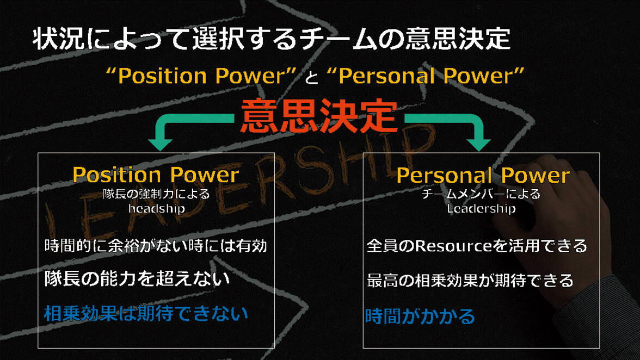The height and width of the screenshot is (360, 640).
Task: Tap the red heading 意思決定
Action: tap(319, 115)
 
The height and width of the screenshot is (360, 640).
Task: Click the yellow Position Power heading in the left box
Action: tap(156, 175)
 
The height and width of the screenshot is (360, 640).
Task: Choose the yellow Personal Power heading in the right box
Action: tap(483, 175)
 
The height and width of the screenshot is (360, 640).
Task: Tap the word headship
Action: tap(156, 208)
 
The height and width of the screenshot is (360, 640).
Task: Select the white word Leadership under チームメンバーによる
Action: tap(481, 208)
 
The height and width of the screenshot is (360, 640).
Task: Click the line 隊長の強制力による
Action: tap(156, 194)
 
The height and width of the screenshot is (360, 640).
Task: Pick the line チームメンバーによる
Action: tap(481, 194)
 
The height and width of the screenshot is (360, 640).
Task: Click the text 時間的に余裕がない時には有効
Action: tap(156, 246)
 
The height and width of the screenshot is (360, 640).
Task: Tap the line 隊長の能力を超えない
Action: tap(137, 279)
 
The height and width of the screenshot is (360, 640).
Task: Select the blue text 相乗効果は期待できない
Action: tap(146, 313)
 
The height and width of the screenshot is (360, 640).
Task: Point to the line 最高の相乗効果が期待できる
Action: tap(470, 281)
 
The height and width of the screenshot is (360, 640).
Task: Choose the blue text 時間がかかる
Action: tap(420, 316)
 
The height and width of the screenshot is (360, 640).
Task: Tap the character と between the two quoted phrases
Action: tap(311, 78)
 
